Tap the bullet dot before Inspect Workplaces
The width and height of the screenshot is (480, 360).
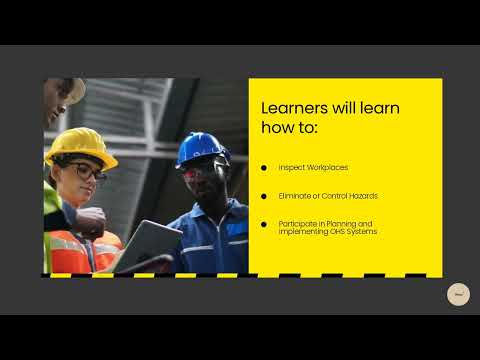[264, 167]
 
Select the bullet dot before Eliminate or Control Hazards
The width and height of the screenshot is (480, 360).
[264, 195]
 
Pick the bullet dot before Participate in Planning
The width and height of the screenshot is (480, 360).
[264, 223]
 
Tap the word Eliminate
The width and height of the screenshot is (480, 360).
[296, 195]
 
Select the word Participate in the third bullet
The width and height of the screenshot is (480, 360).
[298, 223]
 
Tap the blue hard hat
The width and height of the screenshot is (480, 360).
[201, 148]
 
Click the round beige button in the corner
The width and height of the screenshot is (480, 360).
[458, 294]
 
